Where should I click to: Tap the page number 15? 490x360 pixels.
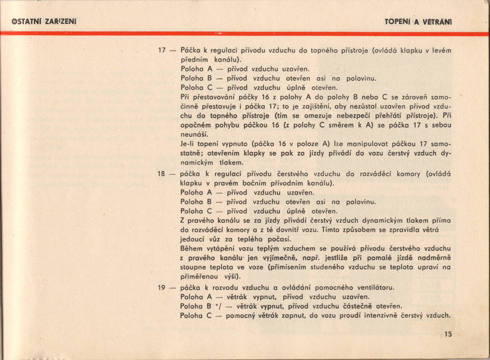(448, 334)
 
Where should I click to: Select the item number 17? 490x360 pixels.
(162, 50)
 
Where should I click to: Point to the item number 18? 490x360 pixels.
(162, 173)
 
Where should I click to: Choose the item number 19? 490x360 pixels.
(162, 287)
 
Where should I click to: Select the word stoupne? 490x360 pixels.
(196, 268)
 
